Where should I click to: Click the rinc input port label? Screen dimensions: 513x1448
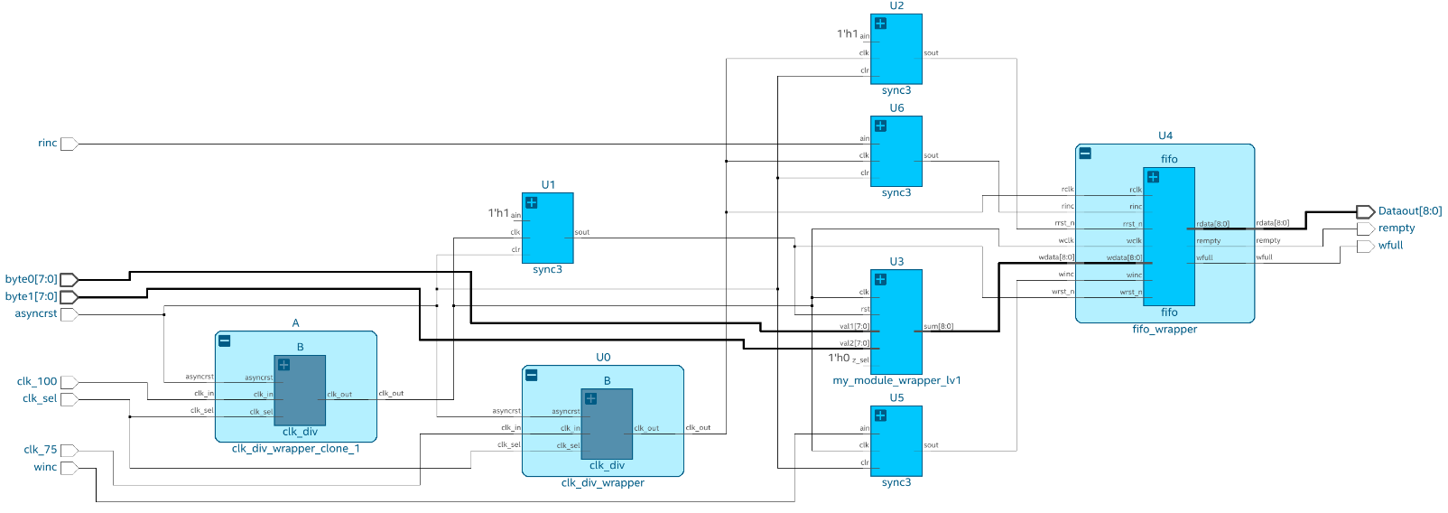(x=47, y=144)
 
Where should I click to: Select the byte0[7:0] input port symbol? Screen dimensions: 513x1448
(x=69, y=280)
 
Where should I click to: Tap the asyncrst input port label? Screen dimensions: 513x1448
(x=36, y=314)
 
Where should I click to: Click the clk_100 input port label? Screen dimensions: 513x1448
(x=37, y=382)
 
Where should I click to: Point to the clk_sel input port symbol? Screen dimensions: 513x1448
(x=69, y=399)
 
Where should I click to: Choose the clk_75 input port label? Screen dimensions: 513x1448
(x=40, y=450)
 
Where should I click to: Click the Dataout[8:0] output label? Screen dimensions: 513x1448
(x=1409, y=211)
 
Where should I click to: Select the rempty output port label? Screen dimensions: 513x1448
(x=1396, y=229)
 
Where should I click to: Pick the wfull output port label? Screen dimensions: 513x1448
(x=1390, y=246)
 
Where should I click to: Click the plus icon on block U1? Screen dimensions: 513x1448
(x=532, y=203)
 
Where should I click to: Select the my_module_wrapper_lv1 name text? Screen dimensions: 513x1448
(x=896, y=381)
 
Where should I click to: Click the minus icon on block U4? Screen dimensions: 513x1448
(x=1085, y=154)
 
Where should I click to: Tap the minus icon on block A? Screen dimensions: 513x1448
(x=225, y=341)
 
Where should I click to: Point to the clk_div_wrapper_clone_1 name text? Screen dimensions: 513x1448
(x=295, y=449)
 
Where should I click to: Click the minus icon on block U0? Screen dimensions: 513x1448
(x=532, y=376)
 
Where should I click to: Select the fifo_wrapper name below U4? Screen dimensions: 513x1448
(x=1165, y=330)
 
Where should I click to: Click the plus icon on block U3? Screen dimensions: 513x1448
(x=880, y=280)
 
